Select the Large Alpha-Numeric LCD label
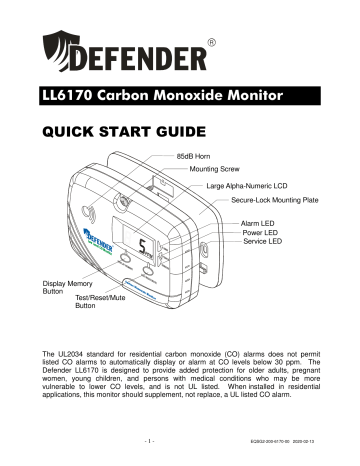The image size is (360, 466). pyautogui.click(x=256, y=186)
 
